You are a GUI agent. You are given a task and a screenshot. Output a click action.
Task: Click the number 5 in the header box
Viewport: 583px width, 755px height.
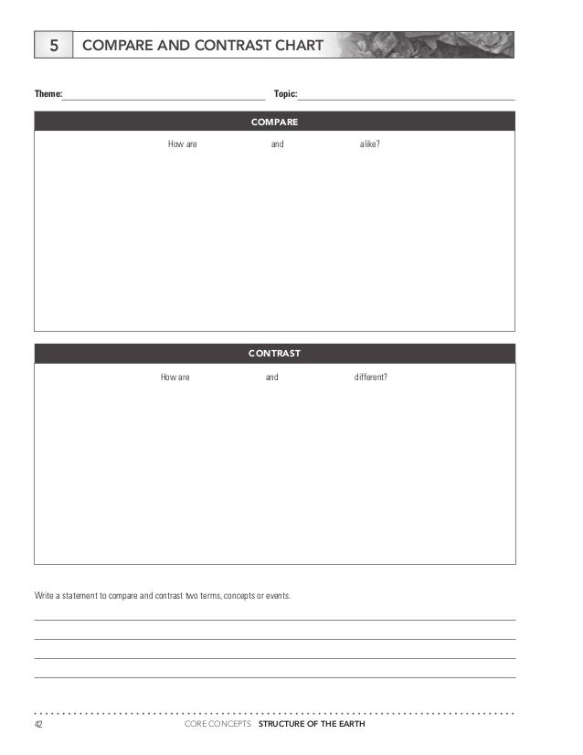click(x=54, y=44)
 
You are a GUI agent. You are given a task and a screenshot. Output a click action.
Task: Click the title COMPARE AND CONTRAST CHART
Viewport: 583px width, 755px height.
click(x=202, y=44)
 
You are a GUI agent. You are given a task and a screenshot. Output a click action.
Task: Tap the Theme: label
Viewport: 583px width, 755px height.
click(x=48, y=94)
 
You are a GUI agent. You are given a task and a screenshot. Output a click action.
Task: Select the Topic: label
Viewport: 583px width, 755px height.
click(x=285, y=94)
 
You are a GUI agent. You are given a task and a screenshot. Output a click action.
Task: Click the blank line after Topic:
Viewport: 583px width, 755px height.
click(x=406, y=97)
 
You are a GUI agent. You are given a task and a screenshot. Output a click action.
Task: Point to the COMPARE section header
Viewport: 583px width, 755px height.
click(x=274, y=121)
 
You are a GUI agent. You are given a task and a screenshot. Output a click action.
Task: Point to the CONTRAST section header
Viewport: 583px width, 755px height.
click(x=274, y=352)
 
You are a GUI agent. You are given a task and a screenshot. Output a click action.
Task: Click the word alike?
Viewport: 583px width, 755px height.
click(x=370, y=144)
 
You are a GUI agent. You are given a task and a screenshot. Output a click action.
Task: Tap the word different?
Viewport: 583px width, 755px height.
click(x=370, y=377)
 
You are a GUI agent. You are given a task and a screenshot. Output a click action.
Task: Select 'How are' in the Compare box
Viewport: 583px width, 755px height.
click(x=183, y=144)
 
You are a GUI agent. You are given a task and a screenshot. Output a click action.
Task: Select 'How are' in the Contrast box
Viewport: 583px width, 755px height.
click(x=175, y=377)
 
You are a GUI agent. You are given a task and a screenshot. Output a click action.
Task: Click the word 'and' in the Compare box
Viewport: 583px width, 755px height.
click(x=277, y=144)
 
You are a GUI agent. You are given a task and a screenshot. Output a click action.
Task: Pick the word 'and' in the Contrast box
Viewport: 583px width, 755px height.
click(x=271, y=377)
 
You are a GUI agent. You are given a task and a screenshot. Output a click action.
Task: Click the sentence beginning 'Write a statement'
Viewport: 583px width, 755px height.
click(x=163, y=596)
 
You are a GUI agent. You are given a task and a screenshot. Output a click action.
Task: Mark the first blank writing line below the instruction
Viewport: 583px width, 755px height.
click(x=274, y=620)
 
